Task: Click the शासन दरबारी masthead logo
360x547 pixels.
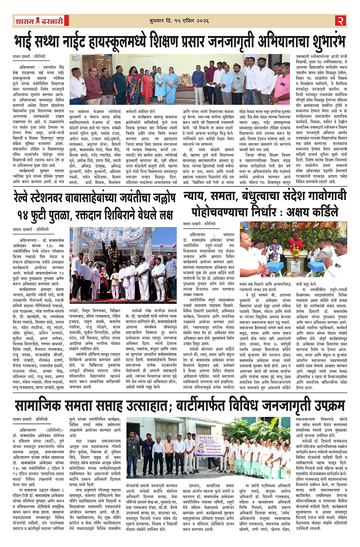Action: pos(40,21)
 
